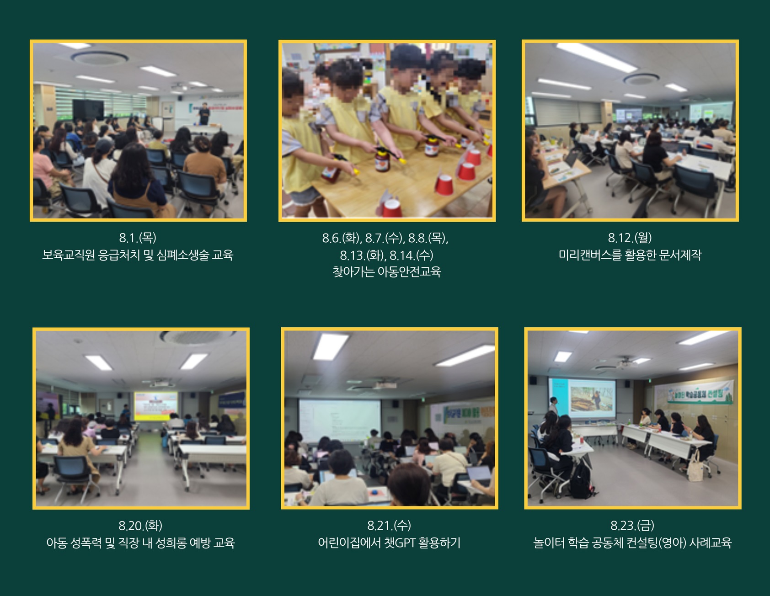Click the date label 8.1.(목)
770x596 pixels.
pos(138,238)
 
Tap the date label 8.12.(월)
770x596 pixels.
pos(630,238)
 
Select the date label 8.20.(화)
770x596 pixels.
pos(140,526)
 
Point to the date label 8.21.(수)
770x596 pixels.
pos(389,526)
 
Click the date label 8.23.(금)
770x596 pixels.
pos(632,526)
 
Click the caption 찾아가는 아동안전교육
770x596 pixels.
pos(387,272)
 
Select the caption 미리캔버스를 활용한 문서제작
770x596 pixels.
pos(630,255)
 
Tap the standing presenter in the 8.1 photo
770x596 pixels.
pos(204,114)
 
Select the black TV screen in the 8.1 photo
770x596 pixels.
pos(88,110)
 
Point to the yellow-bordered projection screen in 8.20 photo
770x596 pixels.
pos(155,405)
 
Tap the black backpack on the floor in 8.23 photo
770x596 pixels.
pos(582,479)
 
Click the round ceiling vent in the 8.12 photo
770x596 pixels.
pos(642,80)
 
